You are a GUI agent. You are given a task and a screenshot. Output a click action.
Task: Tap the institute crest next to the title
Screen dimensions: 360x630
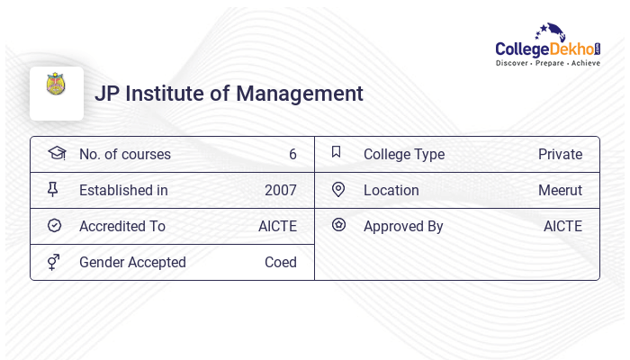point(57,85)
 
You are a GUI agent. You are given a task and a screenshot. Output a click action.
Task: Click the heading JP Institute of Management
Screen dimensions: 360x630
point(229,94)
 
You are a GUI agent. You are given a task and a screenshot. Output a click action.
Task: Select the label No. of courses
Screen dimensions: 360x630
point(124,154)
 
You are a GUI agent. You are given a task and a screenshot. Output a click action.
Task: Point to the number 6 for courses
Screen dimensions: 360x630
point(292,154)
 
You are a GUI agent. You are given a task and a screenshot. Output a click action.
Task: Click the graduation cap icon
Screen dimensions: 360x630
point(56,153)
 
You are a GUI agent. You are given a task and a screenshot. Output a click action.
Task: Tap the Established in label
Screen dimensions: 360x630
point(123,190)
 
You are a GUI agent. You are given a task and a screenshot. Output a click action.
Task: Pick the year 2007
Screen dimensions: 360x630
point(281,190)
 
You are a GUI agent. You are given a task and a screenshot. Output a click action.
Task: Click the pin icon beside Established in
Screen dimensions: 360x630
point(53,189)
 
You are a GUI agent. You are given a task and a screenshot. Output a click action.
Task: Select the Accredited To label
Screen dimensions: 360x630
point(122,226)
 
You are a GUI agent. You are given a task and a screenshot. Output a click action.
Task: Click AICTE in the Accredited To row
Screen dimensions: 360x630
point(277,226)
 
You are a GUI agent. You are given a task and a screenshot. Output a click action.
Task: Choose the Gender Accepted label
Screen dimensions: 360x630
point(132,262)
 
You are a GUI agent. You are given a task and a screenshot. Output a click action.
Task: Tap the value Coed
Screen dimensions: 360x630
point(281,262)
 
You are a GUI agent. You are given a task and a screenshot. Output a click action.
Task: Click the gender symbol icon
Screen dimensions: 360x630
point(53,261)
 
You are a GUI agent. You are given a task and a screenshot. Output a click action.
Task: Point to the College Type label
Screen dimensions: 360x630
point(404,154)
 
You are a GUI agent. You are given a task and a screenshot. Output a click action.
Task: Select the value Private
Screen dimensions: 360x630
point(560,154)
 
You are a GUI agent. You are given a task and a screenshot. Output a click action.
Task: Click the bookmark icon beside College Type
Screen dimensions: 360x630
point(337,152)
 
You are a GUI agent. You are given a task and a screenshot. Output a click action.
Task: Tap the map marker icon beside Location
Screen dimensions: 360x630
point(338,189)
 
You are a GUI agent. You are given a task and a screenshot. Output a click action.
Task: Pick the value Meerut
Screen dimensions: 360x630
point(560,190)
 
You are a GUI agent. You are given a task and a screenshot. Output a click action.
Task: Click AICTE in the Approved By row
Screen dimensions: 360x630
point(562,226)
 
